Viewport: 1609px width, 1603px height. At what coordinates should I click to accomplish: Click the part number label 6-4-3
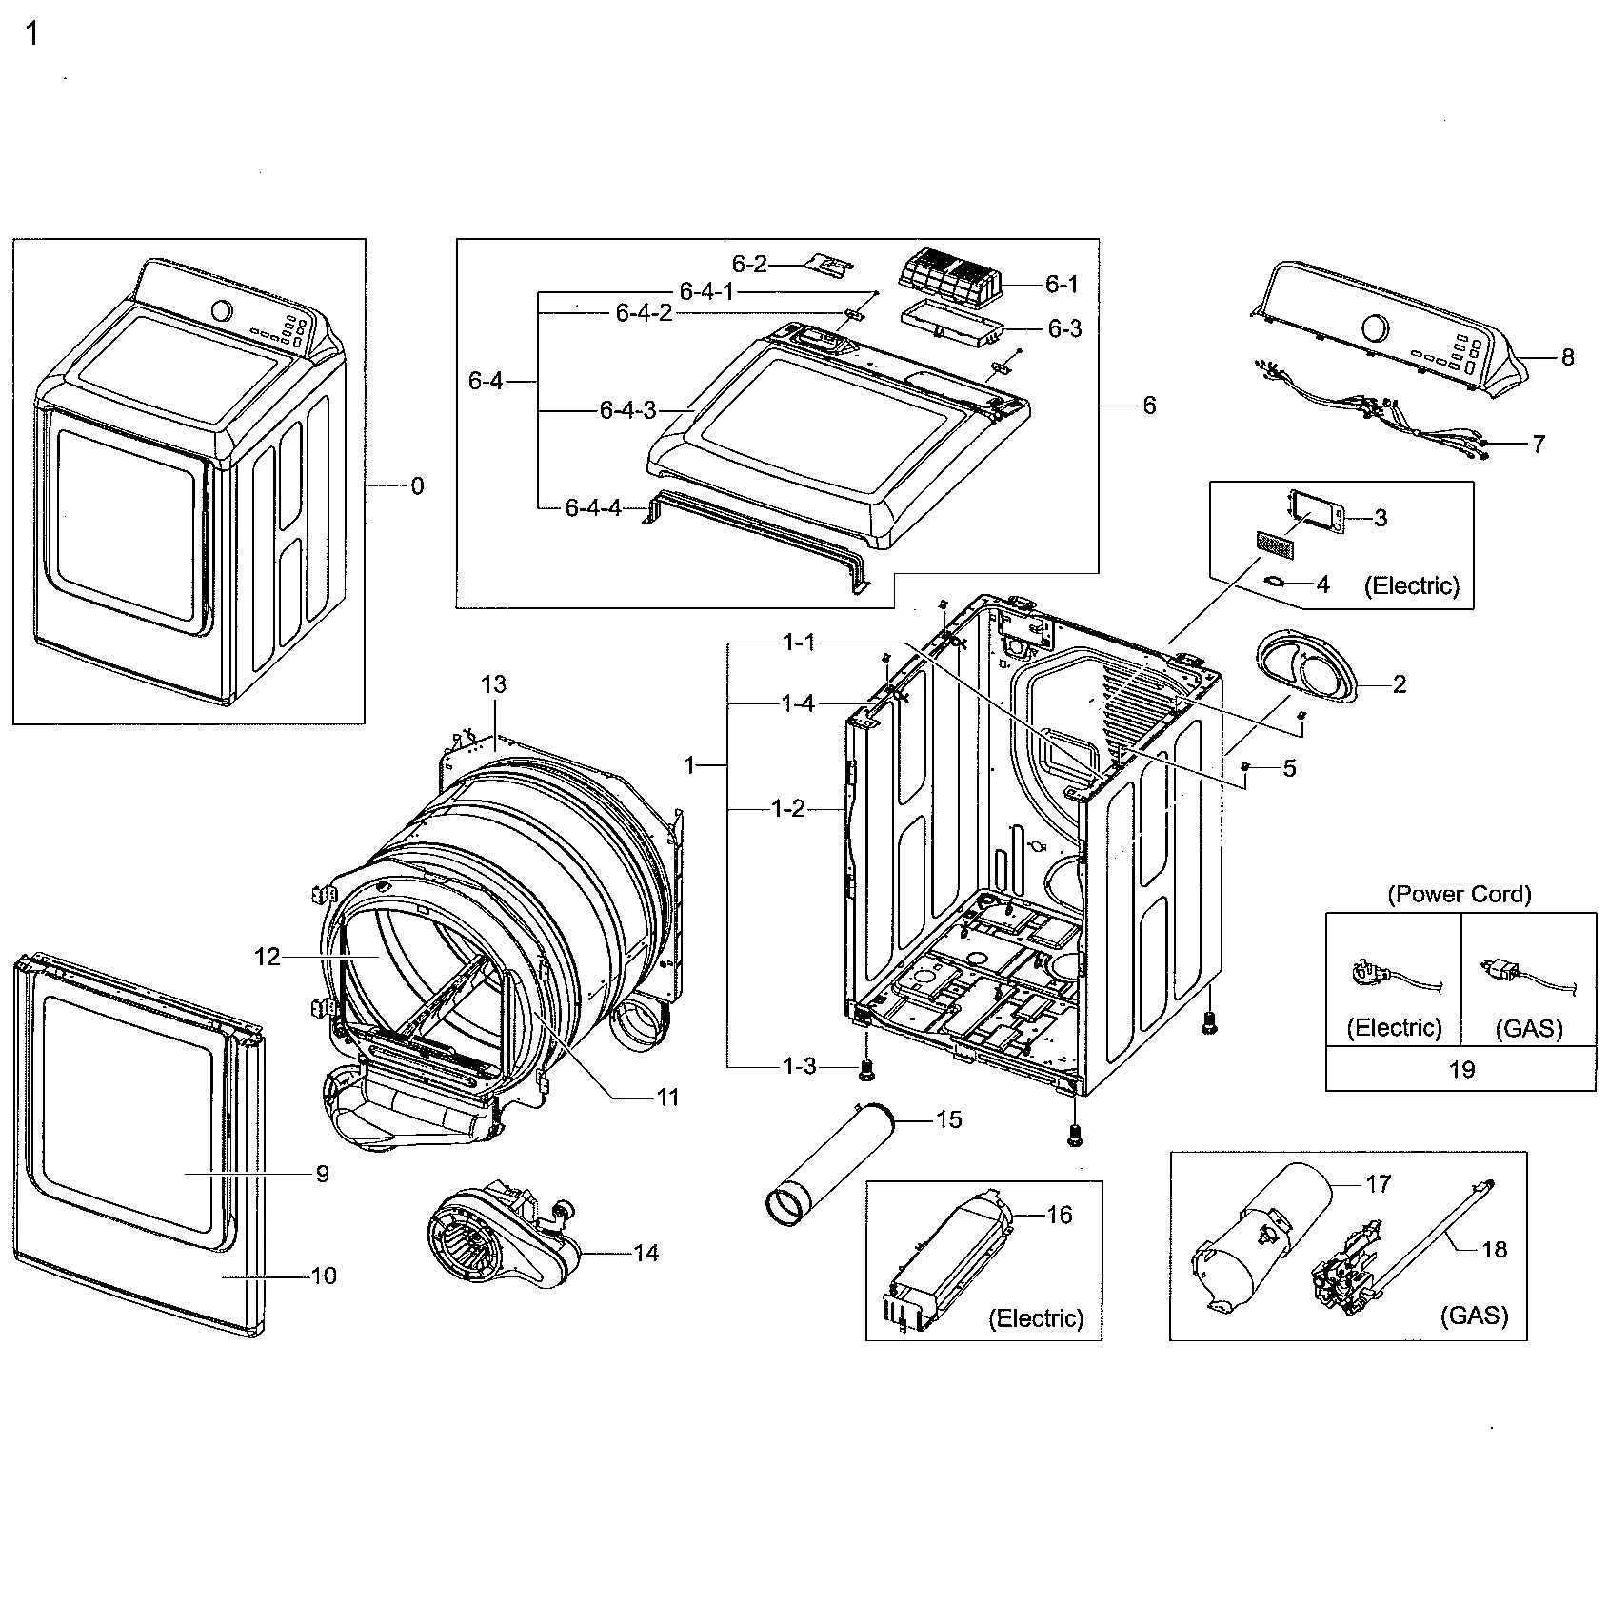(627, 410)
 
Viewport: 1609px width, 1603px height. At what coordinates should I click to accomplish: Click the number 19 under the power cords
(1461, 1069)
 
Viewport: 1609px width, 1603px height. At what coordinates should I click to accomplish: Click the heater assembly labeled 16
(952, 1257)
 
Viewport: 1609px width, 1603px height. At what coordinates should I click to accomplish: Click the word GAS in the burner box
(1474, 1316)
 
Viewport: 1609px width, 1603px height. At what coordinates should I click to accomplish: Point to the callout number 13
(493, 684)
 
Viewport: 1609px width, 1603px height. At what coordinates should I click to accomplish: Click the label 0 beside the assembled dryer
(417, 486)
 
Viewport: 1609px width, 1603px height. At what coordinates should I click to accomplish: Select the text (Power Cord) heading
(1460, 894)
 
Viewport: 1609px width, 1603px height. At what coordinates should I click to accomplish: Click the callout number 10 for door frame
(324, 1276)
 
